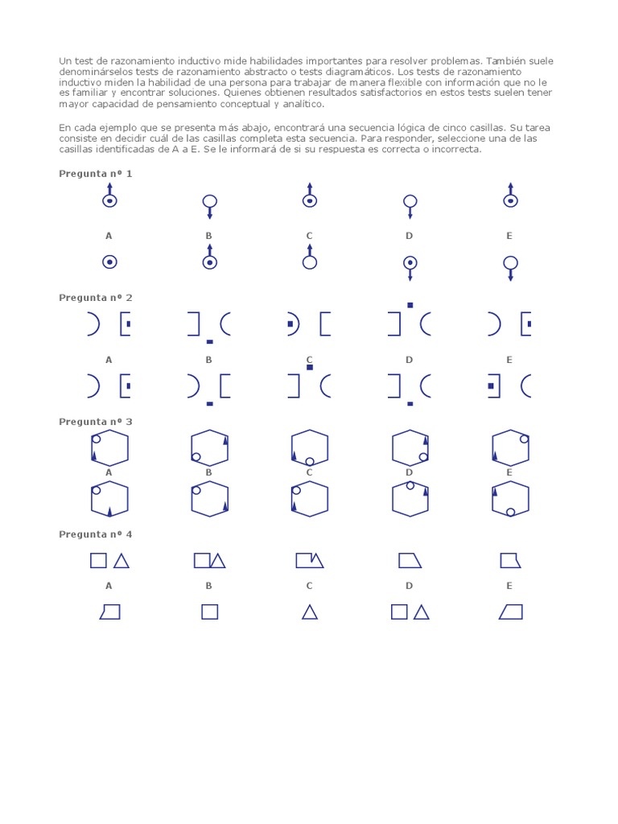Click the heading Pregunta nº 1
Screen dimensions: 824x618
(x=96, y=174)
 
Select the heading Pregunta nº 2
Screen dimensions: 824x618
(x=96, y=298)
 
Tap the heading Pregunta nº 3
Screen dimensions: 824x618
(x=96, y=422)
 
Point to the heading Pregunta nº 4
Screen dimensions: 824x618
(x=96, y=534)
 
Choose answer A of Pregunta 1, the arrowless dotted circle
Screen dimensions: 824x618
(x=109, y=262)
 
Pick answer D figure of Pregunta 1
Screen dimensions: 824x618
(x=410, y=266)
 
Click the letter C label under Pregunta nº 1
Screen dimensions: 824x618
(x=309, y=236)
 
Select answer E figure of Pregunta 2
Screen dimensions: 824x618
(x=509, y=386)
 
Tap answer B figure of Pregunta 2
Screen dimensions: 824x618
(x=208, y=388)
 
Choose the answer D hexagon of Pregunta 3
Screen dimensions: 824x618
(x=410, y=499)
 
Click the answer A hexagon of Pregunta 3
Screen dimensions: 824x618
(x=109, y=499)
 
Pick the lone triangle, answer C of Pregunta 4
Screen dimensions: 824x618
(x=309, y=612)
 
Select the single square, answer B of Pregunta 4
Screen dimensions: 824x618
(x=209, y=612)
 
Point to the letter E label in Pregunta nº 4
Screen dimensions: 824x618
(x=509, y=586)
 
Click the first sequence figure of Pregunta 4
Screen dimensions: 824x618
(x=109, y=561)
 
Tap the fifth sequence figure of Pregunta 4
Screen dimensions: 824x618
(x=509, y=561)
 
